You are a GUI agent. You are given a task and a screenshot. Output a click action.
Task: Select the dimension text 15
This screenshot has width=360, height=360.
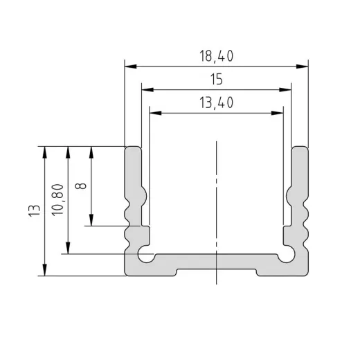pos(215,80)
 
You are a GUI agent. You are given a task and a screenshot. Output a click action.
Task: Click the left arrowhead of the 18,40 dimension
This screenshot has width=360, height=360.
pos(129,67)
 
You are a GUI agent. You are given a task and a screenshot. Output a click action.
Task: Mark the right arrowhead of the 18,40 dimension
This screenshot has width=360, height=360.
pos(303,67)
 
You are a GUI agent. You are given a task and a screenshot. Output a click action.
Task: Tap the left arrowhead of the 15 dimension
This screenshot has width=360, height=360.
pos(146,90)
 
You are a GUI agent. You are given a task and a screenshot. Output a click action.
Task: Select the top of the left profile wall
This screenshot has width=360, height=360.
pos(133,148)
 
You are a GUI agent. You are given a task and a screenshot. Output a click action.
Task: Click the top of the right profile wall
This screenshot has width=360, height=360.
pos(299,148)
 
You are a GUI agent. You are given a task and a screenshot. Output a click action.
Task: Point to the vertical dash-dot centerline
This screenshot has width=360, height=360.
pos(217,208)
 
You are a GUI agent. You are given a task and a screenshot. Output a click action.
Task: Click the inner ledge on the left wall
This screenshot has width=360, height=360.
pos(145,226)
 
